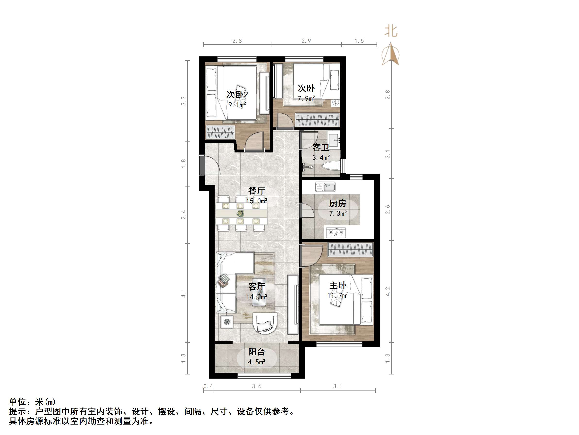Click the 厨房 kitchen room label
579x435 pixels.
tap(337, 203)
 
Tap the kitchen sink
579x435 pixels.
tap(325, 187)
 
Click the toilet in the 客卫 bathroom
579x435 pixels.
tap(330, 166)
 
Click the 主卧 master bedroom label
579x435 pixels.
tap(338, 285)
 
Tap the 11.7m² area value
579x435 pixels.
tap(338, 295)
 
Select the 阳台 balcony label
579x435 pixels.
tap(257, 352)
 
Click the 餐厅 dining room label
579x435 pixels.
tap(257, 191)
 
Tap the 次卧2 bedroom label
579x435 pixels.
tap(237, 94)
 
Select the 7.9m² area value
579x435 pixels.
tap(306, 98)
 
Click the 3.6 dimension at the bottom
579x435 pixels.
tap(257, 386)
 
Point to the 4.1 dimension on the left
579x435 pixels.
tap(184, 293)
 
